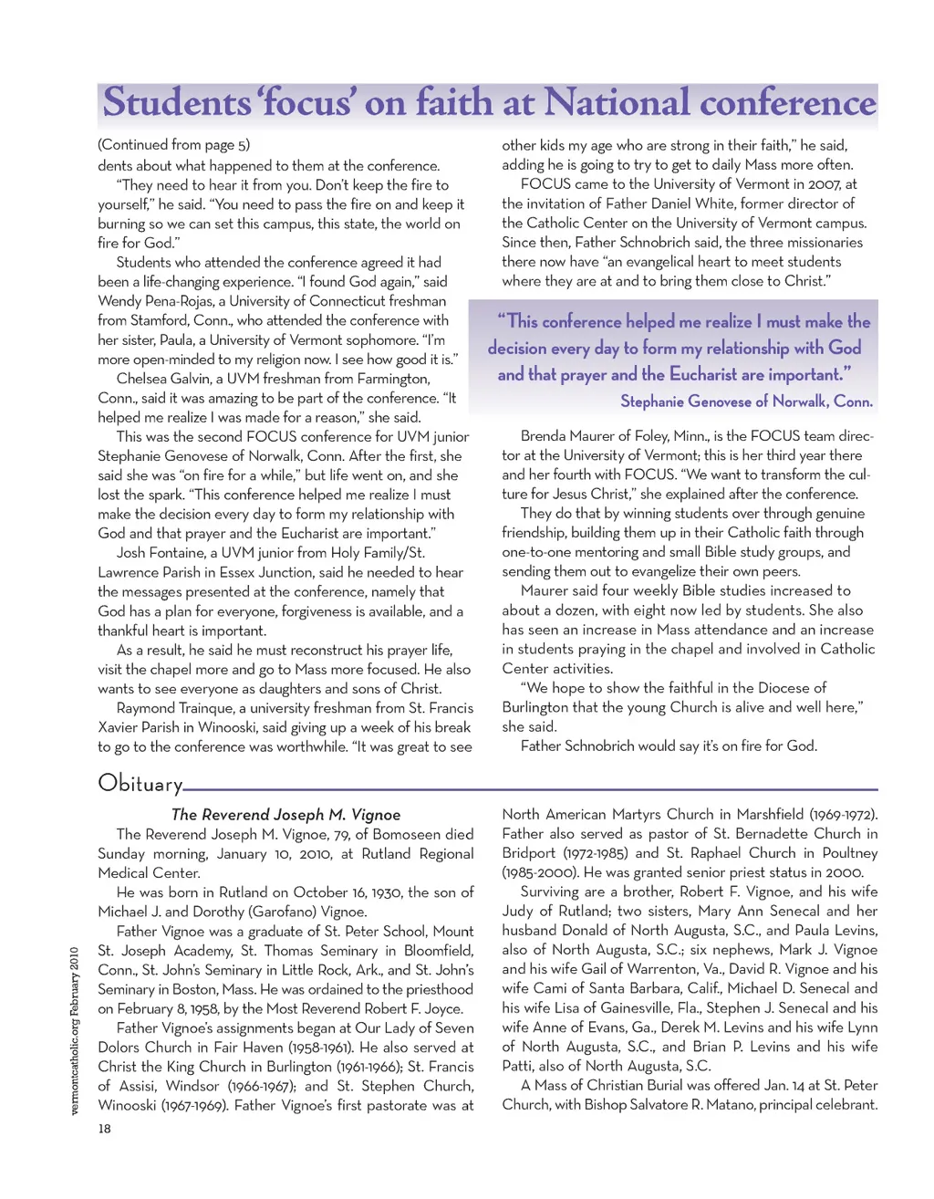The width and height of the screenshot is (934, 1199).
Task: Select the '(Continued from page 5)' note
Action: (173, 144)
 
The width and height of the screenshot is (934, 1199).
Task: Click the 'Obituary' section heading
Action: (140, 783)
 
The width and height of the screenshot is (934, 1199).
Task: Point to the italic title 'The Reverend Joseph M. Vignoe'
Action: (285, 815)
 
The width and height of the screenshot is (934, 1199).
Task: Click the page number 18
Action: (105, 1129)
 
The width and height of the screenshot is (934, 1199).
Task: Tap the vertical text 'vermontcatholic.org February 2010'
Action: (75, 1031)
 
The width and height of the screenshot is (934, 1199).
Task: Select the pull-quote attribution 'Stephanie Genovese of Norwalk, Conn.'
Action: (746, 401)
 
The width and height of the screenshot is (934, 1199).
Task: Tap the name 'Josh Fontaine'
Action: (161, 553)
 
